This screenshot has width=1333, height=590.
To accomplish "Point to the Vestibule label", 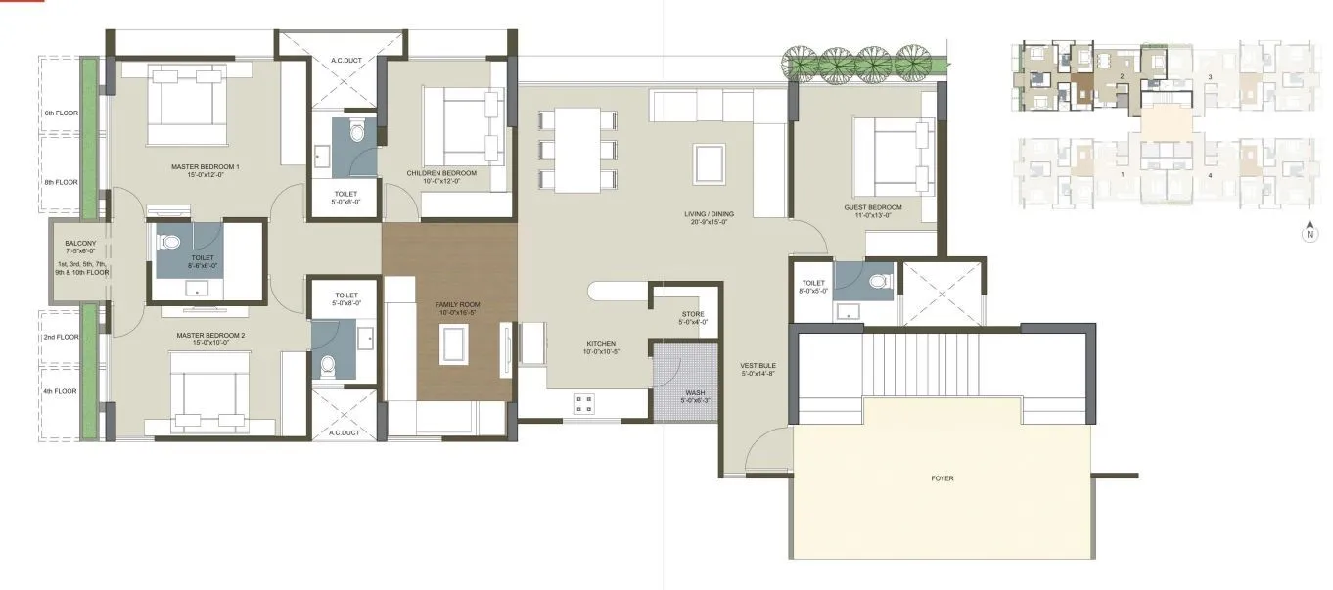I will pos(758,368).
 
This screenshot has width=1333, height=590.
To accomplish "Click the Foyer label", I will pos(942,478).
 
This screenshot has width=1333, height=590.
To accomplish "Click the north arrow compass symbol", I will pos(1309,233).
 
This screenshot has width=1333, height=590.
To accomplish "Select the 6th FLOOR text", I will pos(61,113).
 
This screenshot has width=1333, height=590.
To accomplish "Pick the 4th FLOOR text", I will pos(61,391).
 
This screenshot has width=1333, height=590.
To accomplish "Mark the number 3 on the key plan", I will pos(1210,76).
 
